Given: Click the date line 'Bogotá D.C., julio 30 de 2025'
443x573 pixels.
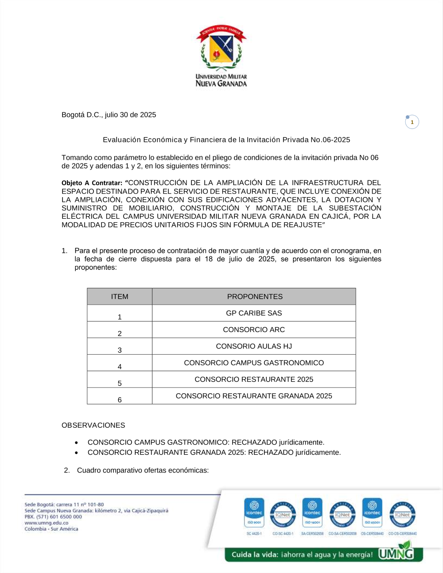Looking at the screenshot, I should tap(109, 115).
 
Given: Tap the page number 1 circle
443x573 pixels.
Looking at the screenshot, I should tap(412, 122).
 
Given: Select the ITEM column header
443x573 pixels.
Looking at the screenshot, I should tap(120, 297).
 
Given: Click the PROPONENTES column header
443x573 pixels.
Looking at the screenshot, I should tap(255, 297).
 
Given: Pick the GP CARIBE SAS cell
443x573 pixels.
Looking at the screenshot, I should tap(254, 313).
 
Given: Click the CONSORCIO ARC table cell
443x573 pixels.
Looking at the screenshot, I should tap(254, 330).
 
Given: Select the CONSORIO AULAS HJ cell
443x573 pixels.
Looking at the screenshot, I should tap(254, 346).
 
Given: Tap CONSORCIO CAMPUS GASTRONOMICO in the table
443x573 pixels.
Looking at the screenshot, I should tap(254, 363).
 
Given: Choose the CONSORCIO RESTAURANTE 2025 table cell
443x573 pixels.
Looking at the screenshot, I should tap(254, 379).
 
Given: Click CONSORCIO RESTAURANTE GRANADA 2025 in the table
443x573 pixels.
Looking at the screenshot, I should tap(254, 396).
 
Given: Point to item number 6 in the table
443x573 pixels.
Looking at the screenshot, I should tap(120, 400).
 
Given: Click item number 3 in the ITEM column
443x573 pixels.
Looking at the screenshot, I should tap(120, 350).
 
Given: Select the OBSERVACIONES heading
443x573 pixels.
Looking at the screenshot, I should tap(93, 426).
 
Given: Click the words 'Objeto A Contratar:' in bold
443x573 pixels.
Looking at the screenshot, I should tap(92, 183).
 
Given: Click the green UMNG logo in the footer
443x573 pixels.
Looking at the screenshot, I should tap(396, 553).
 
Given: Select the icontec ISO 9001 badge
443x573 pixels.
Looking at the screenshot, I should tap(254, 513).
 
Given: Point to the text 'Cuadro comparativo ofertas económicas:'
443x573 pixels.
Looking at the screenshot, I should tap(143, 470).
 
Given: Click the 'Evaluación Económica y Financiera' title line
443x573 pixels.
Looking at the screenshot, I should tap(226, 140).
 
